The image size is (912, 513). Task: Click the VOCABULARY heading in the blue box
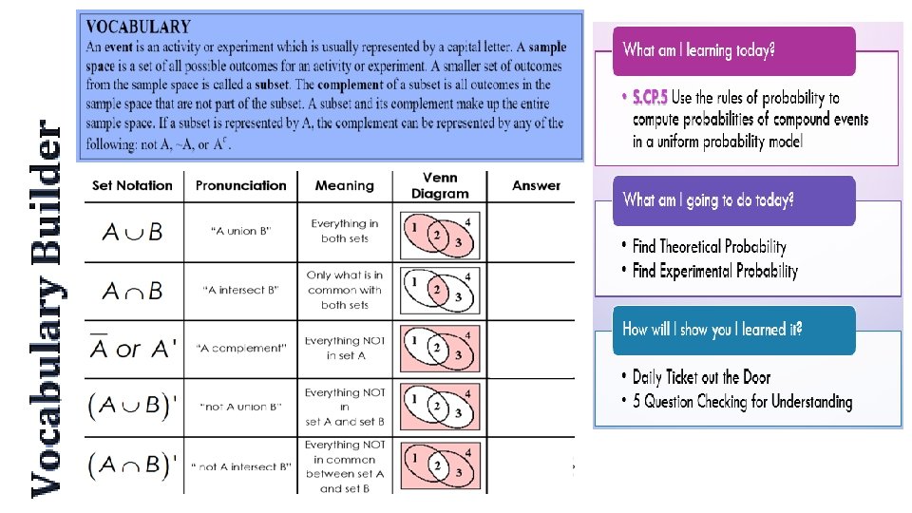click(138, 28)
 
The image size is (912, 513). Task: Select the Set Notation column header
click(132, 185)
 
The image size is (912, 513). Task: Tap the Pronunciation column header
click(240, 185)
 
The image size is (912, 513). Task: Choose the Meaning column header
click(344, 185)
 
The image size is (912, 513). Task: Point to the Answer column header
click(536, 185)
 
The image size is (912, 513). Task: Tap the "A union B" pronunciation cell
click(240, 232)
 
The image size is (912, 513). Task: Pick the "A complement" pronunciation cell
click(240, 348)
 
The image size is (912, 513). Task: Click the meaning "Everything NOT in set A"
click(345, 348)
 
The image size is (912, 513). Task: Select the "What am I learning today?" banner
click(733, 50)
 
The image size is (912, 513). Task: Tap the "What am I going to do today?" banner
click(733, 199)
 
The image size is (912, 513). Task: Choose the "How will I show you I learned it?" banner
click(733, 330)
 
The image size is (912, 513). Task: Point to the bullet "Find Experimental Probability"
click(714, 271)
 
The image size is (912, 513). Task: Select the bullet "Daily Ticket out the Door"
click(701, 377)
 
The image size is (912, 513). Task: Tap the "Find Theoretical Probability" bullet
click(709, 246)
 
